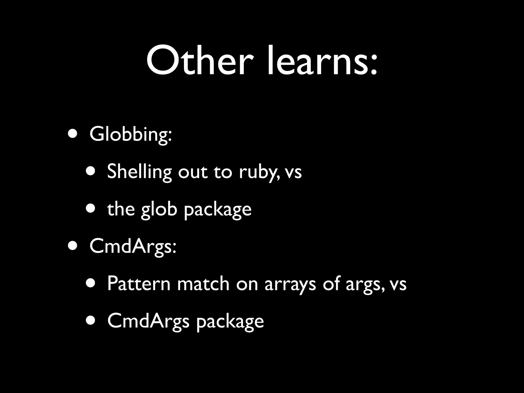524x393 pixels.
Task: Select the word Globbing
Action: [x=130, y=135]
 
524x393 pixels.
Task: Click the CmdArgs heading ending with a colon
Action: [x=133, y=247]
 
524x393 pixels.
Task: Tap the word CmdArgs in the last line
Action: [x=148, y=321]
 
